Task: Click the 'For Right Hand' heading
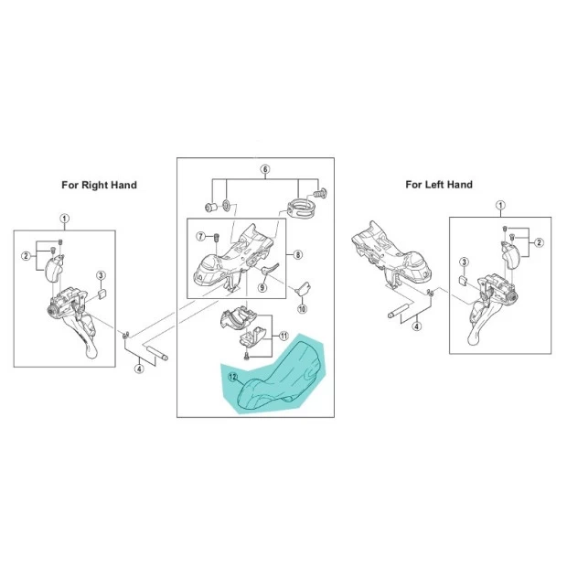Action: click(99, 185)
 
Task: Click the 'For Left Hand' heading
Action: click(439, 185)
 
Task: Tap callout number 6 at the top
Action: click(265, 169)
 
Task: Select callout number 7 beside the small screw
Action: click(201, 237)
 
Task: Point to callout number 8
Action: click(297, 255)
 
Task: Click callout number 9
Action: click(262, 287)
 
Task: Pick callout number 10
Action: click(303, 309)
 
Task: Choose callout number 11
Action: click(284, 336)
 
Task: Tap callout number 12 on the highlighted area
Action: click(232, 377)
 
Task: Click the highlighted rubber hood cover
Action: click(278, 376)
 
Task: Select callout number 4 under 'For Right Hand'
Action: click(139, 369)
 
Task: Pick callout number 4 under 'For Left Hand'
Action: click(417, 326)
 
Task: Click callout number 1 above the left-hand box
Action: click(500, 206)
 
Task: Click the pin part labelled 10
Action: click(303, 288)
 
